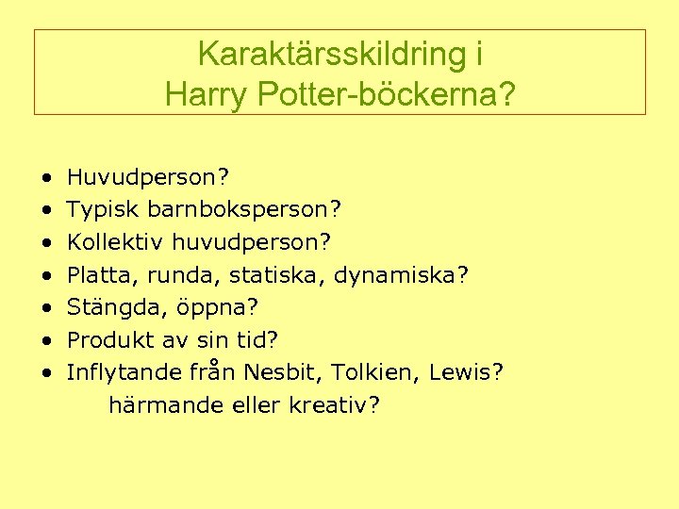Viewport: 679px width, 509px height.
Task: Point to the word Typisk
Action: pyautogui.click(x=103, y=209)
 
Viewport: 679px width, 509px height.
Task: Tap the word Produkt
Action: pyautogui.click(x=107, y=339)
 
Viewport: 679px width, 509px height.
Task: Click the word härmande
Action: pyautogui.click(x=160, y=405)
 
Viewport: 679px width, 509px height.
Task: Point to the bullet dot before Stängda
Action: pyautogui.click(x=46, y=307)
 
